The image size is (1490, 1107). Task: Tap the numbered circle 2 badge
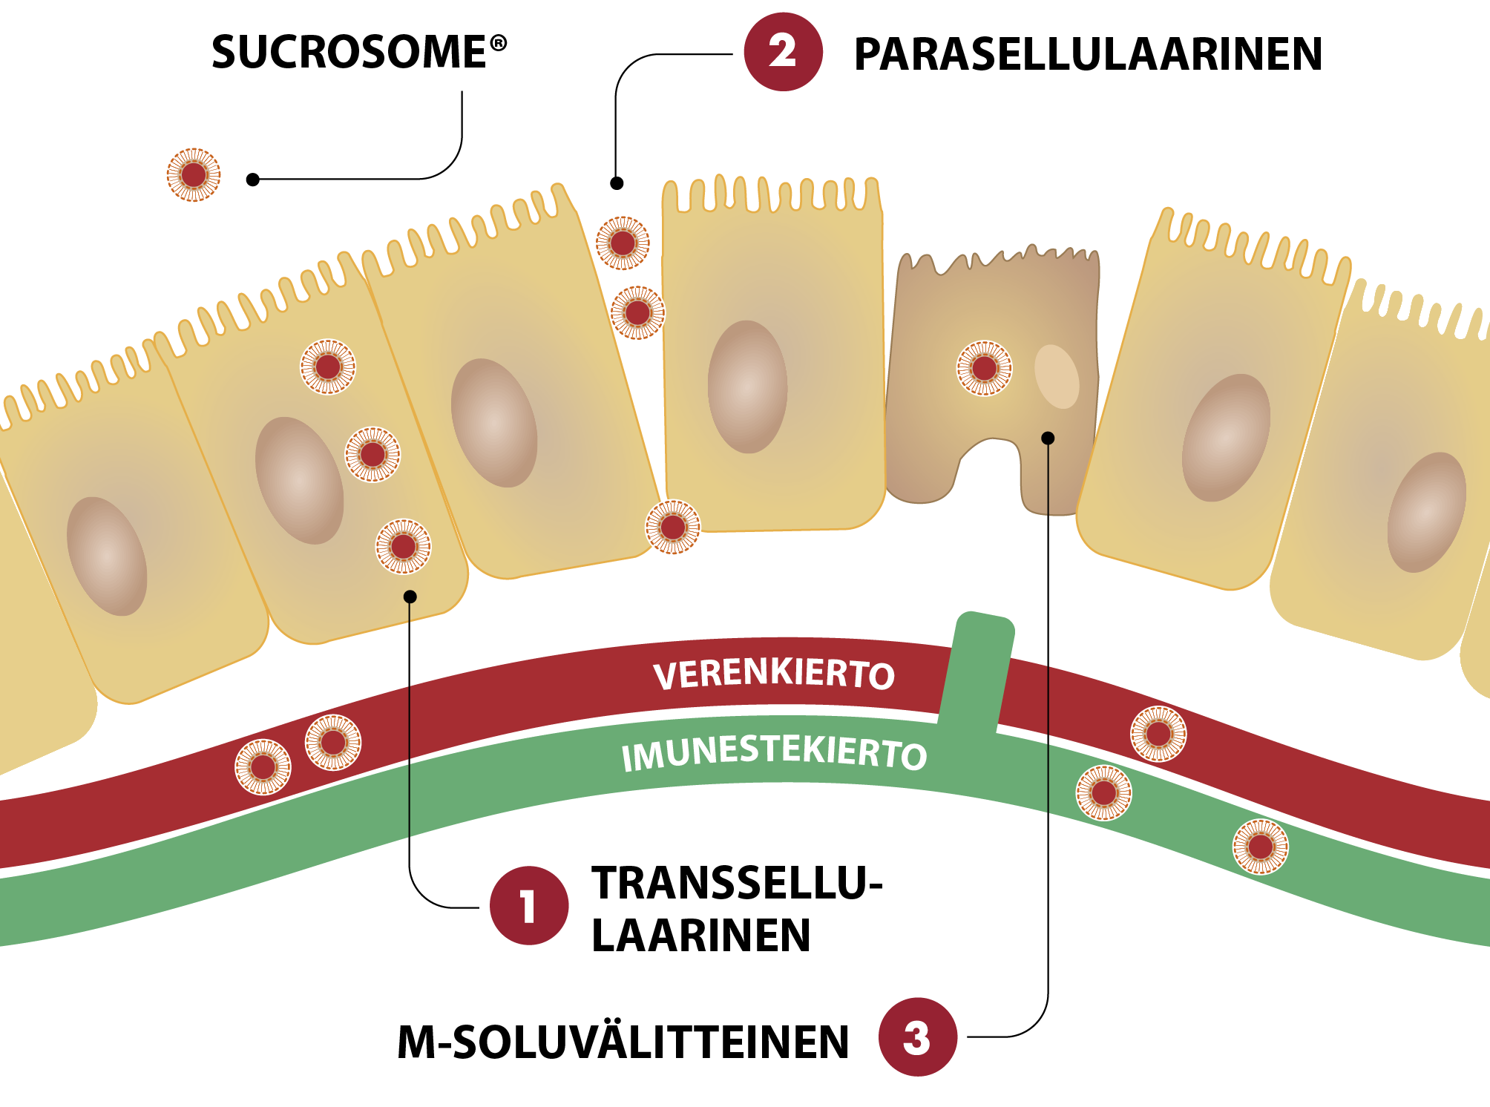point(783,52)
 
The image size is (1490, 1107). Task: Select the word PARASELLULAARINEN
point(1087,54)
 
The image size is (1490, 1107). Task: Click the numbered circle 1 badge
point(528,905)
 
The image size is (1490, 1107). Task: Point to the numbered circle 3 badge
point(917,1037)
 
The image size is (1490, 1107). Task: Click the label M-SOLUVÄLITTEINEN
point(623,1042)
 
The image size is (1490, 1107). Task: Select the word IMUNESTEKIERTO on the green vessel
point(774,754)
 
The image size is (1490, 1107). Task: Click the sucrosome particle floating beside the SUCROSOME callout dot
point(194,175)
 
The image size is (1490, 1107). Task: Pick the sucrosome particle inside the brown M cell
point(984,368)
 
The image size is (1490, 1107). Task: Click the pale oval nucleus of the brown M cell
point(1056,376)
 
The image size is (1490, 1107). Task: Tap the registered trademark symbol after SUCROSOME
point(499,43)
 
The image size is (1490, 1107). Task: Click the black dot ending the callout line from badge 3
point(1048,438)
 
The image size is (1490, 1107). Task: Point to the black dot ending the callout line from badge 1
point(410,597)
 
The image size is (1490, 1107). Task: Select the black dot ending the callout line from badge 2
point(617,183)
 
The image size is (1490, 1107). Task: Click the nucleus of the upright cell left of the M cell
point(747,387)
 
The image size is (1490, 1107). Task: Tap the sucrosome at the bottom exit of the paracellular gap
point(672,528)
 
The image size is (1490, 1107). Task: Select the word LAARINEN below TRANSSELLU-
point(700,935)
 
